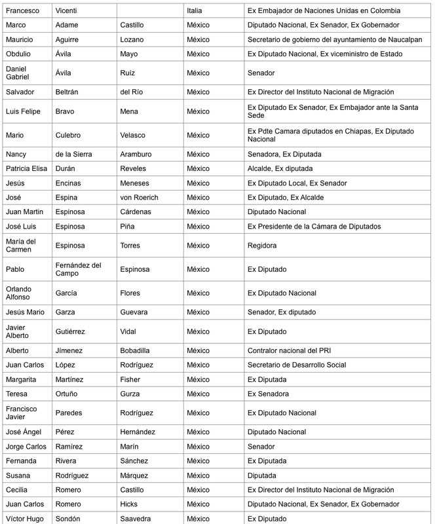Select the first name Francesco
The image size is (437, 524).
[x=22, y=10]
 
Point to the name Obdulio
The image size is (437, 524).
[x=19, y=54]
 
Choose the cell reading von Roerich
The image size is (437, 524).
[x=141, y=197]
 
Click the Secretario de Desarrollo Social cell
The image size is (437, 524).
[x=297, y=365]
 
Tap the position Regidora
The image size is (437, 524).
[x=262, y=246]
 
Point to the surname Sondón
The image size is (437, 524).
[x=73, y=519]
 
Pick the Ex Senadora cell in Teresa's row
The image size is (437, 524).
[x=268, y=394]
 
